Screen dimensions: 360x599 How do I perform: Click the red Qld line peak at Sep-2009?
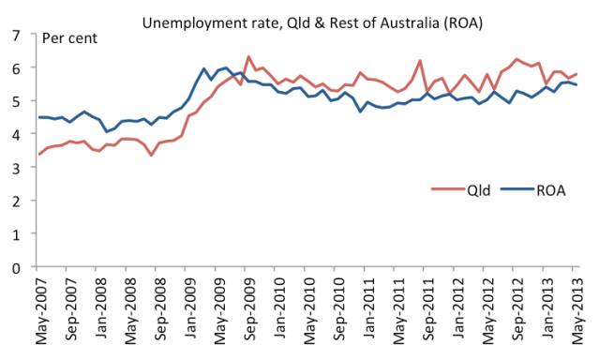[247, 57]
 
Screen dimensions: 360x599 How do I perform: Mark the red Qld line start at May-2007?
[38, 154]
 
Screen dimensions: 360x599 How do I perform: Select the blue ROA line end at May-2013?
[575, 85]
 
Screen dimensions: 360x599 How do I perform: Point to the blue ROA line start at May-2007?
[38, 117]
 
